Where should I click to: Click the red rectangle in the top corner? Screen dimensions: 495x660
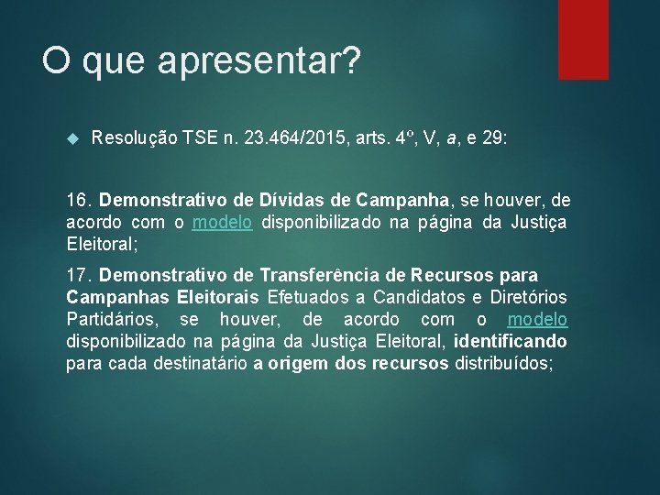pos(583,38)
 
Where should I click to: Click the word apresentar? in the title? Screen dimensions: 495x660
pos(260,62)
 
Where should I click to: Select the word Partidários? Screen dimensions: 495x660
pos(115,319)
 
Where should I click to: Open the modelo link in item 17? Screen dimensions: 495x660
pos(537,319)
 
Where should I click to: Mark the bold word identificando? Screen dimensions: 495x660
pos(510,341)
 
